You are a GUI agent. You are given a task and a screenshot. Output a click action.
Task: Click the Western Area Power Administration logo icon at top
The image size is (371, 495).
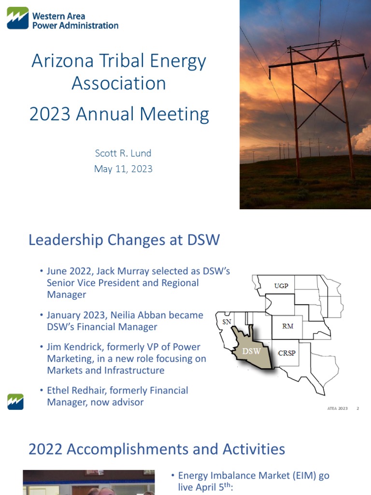(17, 18)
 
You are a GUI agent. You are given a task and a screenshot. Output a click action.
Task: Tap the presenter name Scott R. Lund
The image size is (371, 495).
(123, 153)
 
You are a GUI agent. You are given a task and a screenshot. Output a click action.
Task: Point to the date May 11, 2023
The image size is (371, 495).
(123, 169)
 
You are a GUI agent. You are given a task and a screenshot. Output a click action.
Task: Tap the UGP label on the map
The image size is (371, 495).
(281, 286)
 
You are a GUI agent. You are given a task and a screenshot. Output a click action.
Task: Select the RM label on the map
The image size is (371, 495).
(287, 326)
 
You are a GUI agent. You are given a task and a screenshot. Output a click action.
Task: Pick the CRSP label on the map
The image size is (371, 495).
(287, 352)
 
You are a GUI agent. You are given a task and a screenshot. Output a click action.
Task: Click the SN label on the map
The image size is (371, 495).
(226, 321)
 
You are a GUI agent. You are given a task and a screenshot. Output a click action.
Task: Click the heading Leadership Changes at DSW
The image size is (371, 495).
(124, 240)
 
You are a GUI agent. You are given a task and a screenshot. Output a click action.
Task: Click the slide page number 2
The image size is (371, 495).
(358, 409)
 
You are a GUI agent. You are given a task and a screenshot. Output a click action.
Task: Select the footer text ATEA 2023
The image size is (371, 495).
(337, 409)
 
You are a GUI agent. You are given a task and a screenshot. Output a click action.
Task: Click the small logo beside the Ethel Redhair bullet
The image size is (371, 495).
(15, 401)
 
